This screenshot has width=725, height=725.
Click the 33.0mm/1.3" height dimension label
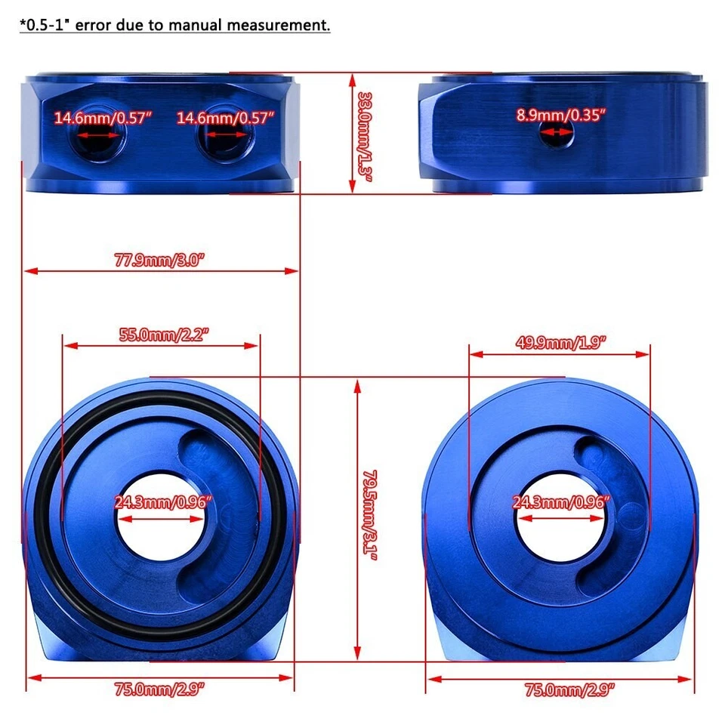[x=365, y=133]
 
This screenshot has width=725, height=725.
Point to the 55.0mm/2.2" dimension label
[x=162, y=335]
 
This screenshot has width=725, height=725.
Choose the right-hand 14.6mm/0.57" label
[x=225, y=118]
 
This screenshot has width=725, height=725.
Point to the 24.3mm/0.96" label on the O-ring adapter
[x=163, y=501]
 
